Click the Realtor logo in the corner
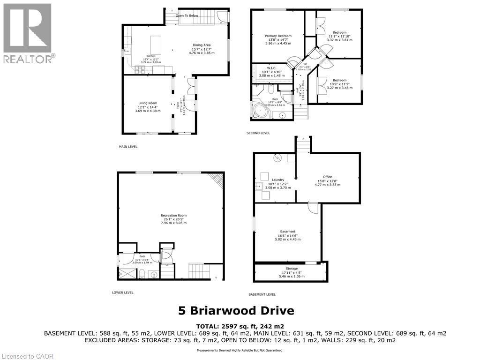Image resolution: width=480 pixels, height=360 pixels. coord(28,33)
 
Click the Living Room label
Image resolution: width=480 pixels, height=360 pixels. coord(148,103)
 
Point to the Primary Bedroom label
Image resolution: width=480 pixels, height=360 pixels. coord(278,36)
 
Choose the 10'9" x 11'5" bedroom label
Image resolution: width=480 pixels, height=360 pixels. coord(339,80)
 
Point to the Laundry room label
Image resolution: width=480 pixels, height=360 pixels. coord(278,180)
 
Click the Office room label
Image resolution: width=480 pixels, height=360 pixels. coord(327,177)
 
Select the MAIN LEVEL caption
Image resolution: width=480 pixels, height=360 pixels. coord(128,147)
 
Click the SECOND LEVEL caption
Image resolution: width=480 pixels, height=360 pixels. coord(258,133)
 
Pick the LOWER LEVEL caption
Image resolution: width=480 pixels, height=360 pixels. coord(123,292)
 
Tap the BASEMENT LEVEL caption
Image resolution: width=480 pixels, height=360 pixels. coord(262,294)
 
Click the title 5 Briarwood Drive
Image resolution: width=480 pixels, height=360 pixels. coord(236,310)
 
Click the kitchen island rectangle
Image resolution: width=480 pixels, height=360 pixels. coord(155,45)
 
